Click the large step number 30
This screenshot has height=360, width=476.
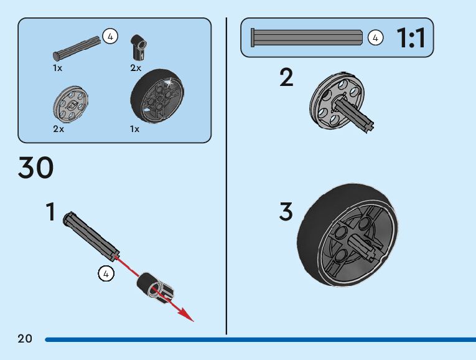tap(36, 168)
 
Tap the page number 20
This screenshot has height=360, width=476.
tap(25, 339)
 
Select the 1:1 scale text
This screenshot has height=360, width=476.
tap(411, 39)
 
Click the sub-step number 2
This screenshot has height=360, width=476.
tap(286, 78)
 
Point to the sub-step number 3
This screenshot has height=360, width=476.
tap(286, 212)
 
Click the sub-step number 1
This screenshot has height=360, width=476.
tap(50, 212)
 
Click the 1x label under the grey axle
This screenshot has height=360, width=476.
tap(58, 68)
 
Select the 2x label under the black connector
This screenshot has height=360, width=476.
tap(136, 68)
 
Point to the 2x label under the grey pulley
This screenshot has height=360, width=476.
tap(58, 129)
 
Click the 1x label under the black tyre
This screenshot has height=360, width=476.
tap(134, 129)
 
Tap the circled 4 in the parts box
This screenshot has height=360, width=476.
tap(110, 37)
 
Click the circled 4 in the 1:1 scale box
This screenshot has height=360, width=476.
tap(375, 37)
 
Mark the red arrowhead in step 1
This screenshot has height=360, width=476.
tap(186, 315)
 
